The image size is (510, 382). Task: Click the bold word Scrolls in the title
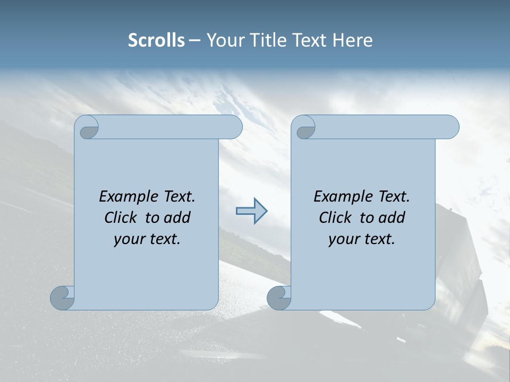(x=156, y=40)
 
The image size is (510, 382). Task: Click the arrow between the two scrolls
(x=251, y=211)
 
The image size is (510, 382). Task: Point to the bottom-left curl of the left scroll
(x=63, y=297)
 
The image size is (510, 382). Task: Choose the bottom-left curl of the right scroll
(x=279, y=298)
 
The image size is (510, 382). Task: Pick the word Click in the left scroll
(x=121, y=218)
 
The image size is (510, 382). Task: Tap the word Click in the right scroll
(x=335, y=218)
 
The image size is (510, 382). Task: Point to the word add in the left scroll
(x=177, y=218)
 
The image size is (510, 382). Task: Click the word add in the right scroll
(x=392, y=218)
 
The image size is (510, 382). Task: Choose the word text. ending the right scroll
(x=379, y=239)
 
